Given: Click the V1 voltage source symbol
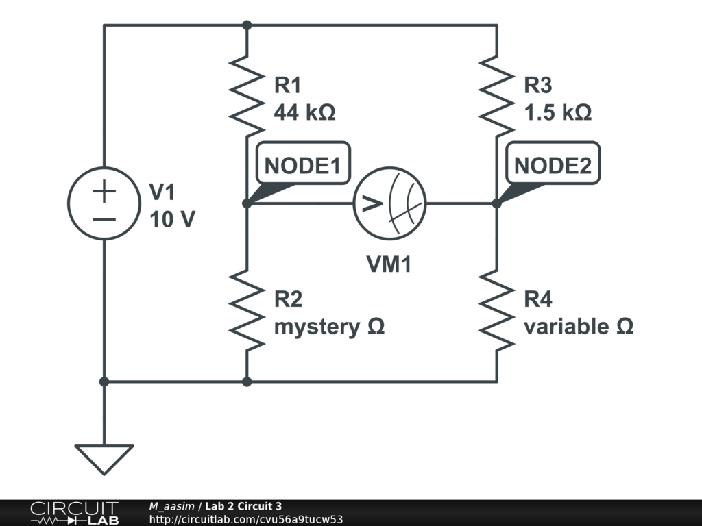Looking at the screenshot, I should click(x=104, y=203).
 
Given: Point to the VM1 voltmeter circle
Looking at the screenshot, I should click(x=389, y=203).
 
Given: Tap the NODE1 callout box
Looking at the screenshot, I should click(x=302, y=165).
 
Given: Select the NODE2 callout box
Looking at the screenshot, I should click(x=552, y=165).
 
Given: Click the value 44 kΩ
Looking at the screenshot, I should click(x=304, y=112).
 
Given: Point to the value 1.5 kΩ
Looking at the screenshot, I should click(x=557, y=112).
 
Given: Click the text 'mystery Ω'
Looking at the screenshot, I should click(x=329, y=327).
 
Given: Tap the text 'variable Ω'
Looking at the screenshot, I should click(x=578, y=327).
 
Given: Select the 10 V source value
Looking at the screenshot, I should click(x=172, y=220).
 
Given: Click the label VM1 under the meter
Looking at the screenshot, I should click(x=388, y=264).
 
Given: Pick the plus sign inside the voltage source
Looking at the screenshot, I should click(x=104, y=192).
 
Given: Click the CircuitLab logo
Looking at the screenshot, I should click(x=73, y=513).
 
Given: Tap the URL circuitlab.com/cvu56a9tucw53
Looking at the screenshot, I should click(x=245, y=520).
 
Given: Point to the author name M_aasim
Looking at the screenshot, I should click(x=172, y=506).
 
